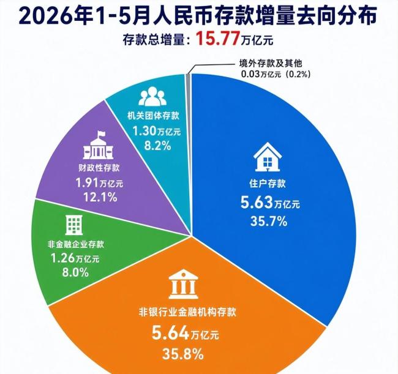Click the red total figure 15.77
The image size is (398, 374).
coord(218,39)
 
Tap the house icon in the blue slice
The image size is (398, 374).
coord(268,157)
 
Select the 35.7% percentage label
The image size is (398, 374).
coord(269,221)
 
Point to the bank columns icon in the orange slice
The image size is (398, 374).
coord(183,285)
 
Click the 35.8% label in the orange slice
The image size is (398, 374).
coord(182,354)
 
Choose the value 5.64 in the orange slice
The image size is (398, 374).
coord(171,332)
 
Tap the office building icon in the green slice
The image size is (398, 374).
coord(74,225)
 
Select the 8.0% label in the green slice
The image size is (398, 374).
coord(75,272)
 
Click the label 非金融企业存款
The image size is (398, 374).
coord(76,245)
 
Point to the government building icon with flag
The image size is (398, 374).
coord(98,145)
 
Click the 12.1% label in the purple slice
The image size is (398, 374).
coord(100,197)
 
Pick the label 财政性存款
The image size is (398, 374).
coord(99,168)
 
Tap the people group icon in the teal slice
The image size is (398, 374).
coord(152,96)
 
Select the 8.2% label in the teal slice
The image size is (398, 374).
coord(157,146)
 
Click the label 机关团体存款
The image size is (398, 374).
coord(153,116)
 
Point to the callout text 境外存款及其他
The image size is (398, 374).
coord(271,63)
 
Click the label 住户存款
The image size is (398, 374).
coord(268,184)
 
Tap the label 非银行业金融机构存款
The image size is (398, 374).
coord(187,312)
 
